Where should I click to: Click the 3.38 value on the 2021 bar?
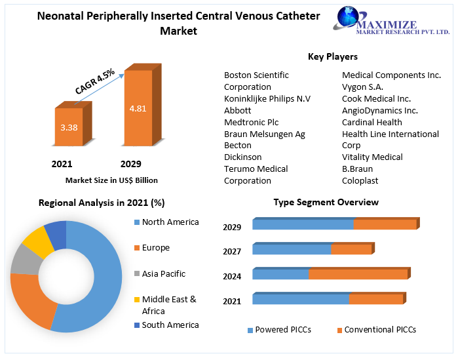click(69, 127)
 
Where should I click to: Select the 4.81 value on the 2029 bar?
click(138, 108)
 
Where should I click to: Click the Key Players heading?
click(333, 57)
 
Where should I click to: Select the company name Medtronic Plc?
click(251, 122)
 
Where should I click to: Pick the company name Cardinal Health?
click(372, 122)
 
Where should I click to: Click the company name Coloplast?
click(360, 180)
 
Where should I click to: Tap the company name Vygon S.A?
click(363, 87)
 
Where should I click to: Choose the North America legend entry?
click(170, 222)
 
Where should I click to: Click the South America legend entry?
click(170, 325)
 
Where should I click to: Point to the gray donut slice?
click(26, 260)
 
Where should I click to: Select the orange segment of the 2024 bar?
click(358, 274)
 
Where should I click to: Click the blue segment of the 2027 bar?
click(292, 249)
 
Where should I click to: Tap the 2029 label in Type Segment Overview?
click(232, 228)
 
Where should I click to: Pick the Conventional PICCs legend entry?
click(379, 330)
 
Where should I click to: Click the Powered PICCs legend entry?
click(282, 330)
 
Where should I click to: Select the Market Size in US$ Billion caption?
click(111, 180)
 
